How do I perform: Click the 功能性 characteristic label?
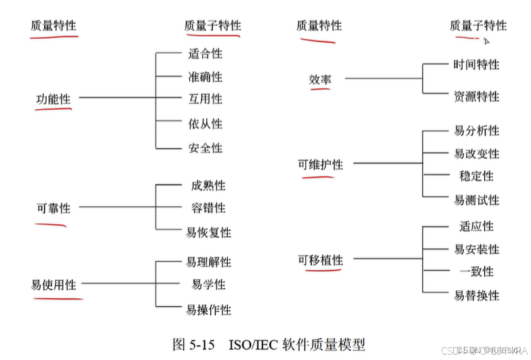(53, 100)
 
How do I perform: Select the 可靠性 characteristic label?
(53, 209)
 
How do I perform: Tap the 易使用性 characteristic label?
(54, 285)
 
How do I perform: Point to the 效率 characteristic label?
(320, 80)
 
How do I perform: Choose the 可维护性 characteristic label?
(320, 165)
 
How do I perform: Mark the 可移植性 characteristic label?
(320, 260)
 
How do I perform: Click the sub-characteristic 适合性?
(205, 53)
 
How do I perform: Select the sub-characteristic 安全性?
(205, 148)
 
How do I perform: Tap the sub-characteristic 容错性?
(208, 208)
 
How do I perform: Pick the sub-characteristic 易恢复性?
(208, 233)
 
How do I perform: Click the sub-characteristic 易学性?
(208, 285)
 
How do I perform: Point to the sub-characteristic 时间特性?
(476, 65)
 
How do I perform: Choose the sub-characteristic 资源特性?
(476, 96)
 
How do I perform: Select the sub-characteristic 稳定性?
(476, 176)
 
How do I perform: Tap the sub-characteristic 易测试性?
(476, 200)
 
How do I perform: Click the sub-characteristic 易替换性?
(476, 296)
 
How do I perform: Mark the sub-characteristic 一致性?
(476, 272)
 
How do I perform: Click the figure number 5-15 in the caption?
(201, 344)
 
